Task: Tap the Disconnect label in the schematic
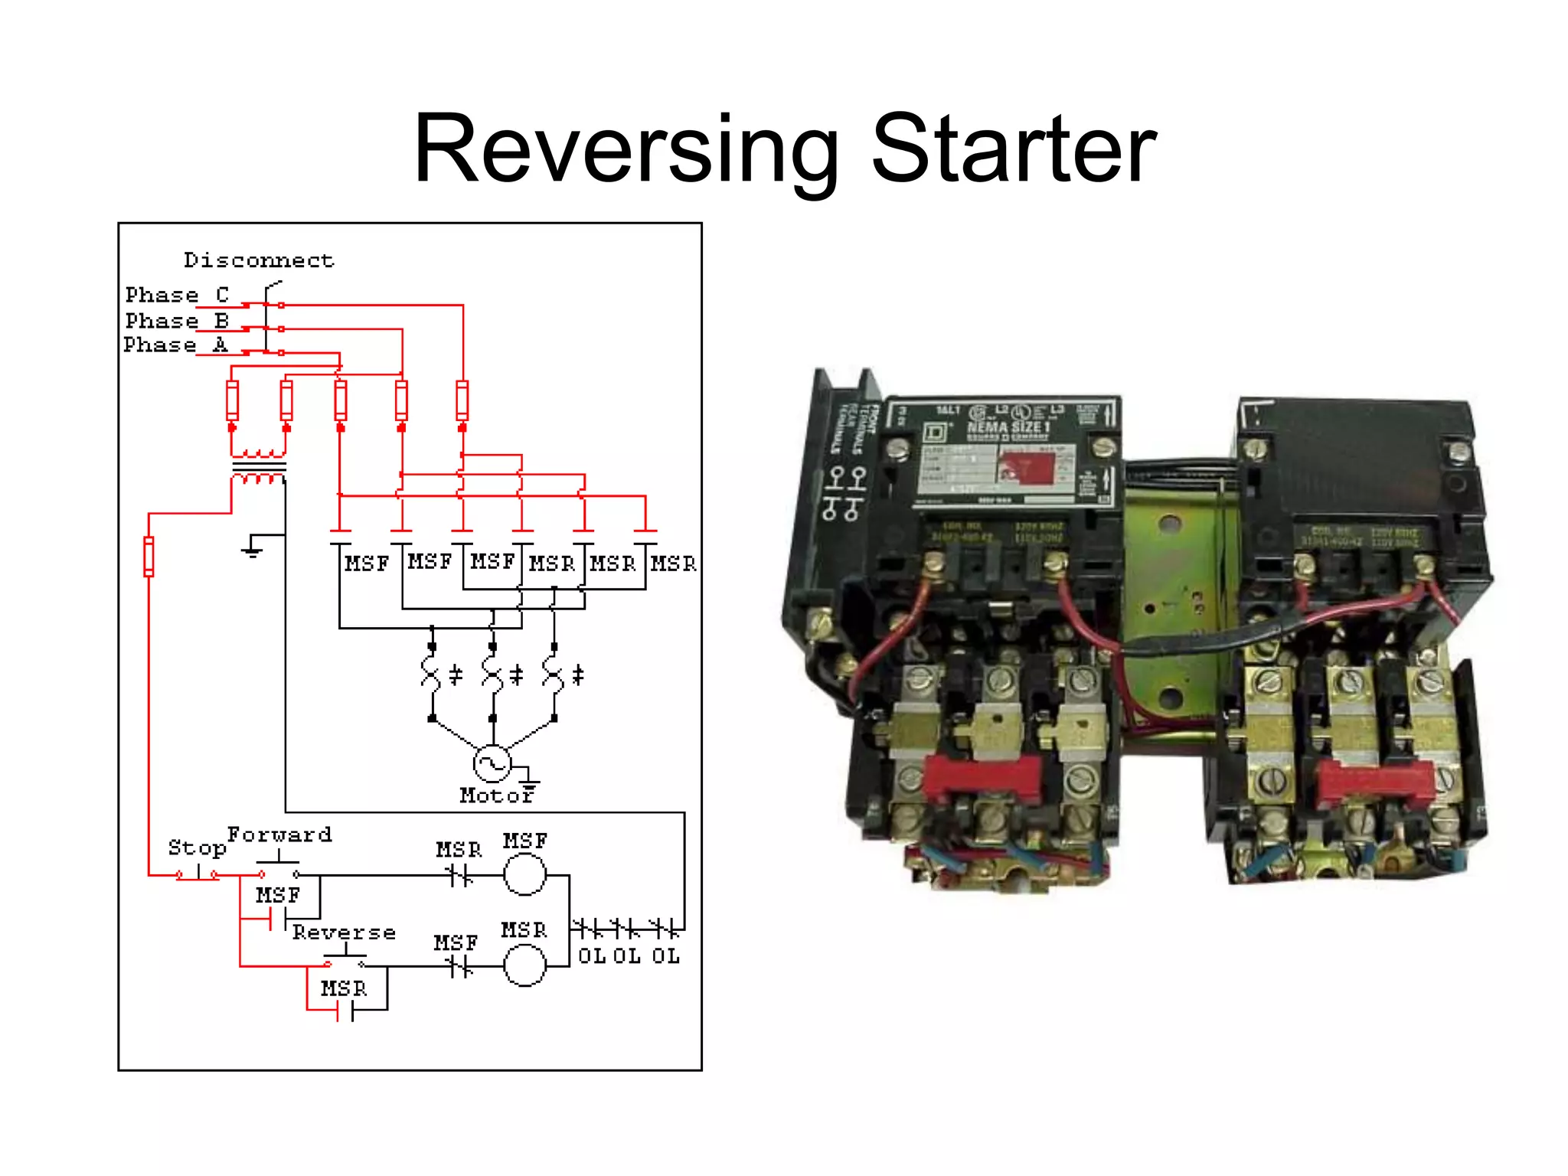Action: pyautogui.click(x=259, y=260)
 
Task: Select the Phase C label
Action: pyautogui.click(x=177, y=295)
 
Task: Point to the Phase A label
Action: pyautogui.click(x=175, y=345)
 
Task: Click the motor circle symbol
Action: pyautogui.click(x=492, y=763)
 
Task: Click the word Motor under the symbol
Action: pyautogui.click(x=495, y=796)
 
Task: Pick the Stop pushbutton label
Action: pyautogui.click(x=197, y=848)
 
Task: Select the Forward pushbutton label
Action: pyautogui.click(x=279, y=835)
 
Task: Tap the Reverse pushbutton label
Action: pyautogui.click(x=344, y=933)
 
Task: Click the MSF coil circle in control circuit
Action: pyautogui.click(x=525, y=874)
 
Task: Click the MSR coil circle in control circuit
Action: pyautogui.click(x=525, y=966)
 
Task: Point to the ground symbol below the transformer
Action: pyautogui.click(x=252, y=549)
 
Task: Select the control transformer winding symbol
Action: pyautogui.click(x=259, y=466)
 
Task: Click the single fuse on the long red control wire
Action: pyautogui.click(x=149, y=557)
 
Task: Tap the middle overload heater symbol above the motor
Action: pyautogui.click(x=492, y=674)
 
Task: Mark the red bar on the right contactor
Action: pyautogui.click(x=1375, y=782)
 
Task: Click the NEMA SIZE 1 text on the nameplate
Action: pyautogui.click(x=1008, y=427)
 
